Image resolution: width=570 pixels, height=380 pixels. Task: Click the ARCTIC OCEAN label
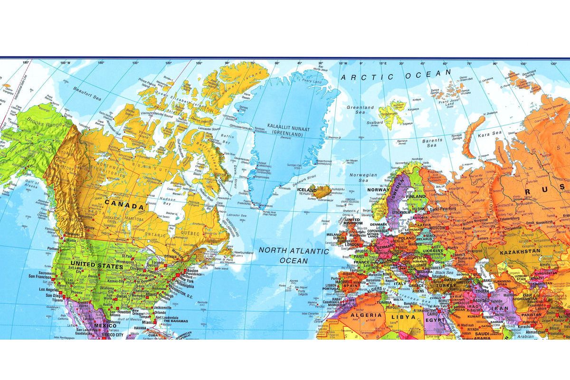coord(395,75)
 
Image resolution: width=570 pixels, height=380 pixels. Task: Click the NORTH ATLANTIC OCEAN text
coord(294,256)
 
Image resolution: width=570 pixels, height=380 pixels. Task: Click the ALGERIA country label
coord(366,315)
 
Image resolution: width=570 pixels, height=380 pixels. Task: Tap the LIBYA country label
coord(403,316)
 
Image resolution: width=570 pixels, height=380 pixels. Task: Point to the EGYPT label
coord(434,321)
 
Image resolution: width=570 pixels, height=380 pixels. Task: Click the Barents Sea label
coord(432,143)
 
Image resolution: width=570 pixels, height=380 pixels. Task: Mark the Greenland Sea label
coord(360,110)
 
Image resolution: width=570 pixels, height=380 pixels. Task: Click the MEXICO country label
coord(104,325)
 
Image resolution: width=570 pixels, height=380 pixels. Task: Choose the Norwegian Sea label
coord(363,178)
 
